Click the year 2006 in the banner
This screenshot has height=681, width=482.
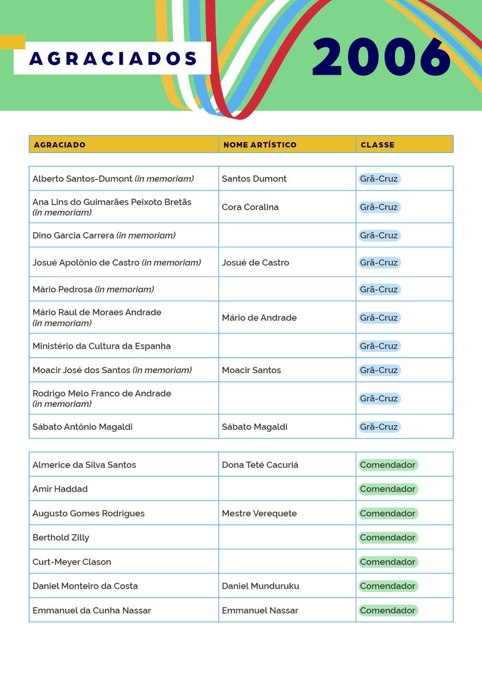pyautogui.click(x=382, y=57)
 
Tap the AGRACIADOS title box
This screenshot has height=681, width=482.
pyautogui.click(x=113, y=59)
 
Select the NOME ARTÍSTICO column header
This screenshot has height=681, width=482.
pyautogui.click(x=260, y=144)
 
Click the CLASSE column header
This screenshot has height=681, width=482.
pyautogui.click(x=378, y=144)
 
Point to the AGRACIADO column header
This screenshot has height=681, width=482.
pyautogui.click(x=59, y=144)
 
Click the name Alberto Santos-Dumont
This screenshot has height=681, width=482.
pyautogui.click(x=82, y=179)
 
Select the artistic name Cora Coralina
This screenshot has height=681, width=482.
pyautogui.click(x=250, y=207)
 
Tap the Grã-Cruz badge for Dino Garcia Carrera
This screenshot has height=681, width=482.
pyautogui.click(x=379, y=236)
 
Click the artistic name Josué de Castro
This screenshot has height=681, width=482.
pyautogui.click(x=256, y=262)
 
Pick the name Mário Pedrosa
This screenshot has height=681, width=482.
pyautogui.click(x=63, y=290)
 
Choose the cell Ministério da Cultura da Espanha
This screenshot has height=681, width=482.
pyautogui.click(x=101, y=346)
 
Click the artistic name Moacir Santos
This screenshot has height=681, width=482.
pyautogui.click(x=251, y=370)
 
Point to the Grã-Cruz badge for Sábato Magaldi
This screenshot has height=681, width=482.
pyautogui.click(x=379, y=427)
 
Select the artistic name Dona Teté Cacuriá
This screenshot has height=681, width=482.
pyautogui.click(x=260, y=465)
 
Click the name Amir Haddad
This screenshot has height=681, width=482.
pyautogui.click(x=60, y=489)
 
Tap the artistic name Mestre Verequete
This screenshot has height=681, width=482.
pyautogui.click(x=259, y=513)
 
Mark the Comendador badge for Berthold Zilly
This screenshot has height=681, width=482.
pyautogui.click(x=388, y=538)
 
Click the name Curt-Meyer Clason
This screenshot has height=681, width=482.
pyautogui.click(x=72, y=562)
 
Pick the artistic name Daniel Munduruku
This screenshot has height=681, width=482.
pyautogui.click(x=260, y=586)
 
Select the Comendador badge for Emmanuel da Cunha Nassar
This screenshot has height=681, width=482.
pyautogui.click(x=388, y=611)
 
